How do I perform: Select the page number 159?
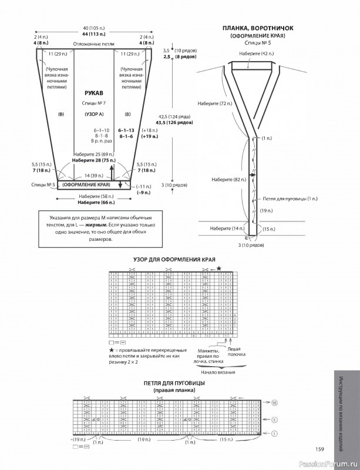click(x=319, y=449)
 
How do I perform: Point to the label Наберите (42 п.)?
click(x=256, y=53)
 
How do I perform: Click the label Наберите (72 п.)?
click(x=216, y=103)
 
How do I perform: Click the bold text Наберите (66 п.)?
click(x=93, y=202)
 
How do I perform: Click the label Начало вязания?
click(x=217, y=372)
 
